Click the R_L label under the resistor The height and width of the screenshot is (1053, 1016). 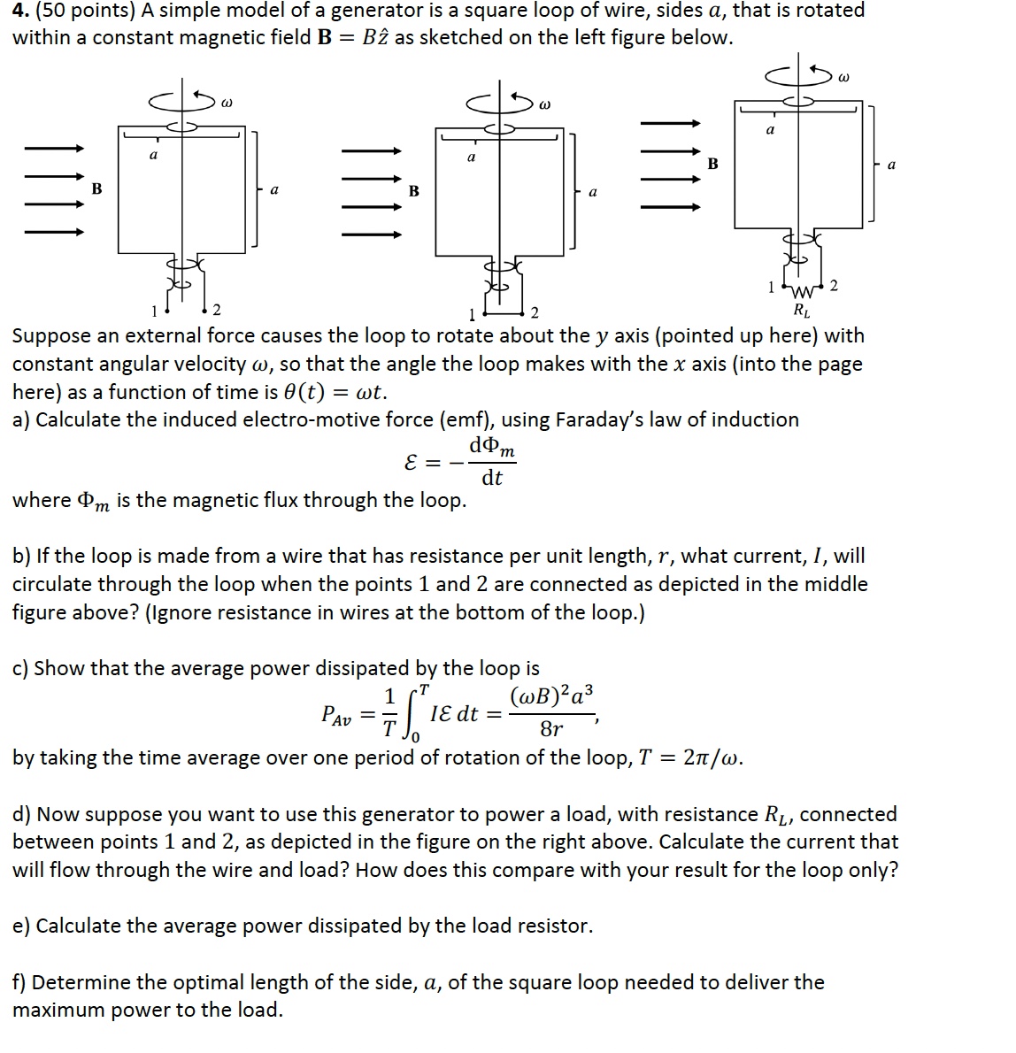801,311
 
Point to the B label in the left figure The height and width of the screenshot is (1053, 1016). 97,188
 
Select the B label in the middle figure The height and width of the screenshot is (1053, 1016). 413,191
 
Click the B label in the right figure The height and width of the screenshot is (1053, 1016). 712,164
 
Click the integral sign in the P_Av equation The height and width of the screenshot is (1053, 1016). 412,712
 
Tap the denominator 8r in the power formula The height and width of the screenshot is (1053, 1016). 550,729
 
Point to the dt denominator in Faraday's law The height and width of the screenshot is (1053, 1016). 492,478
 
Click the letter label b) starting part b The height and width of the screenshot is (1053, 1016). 21,556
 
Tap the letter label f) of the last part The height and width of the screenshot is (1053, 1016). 20,982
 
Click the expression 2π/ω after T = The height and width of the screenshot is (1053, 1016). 712,757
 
